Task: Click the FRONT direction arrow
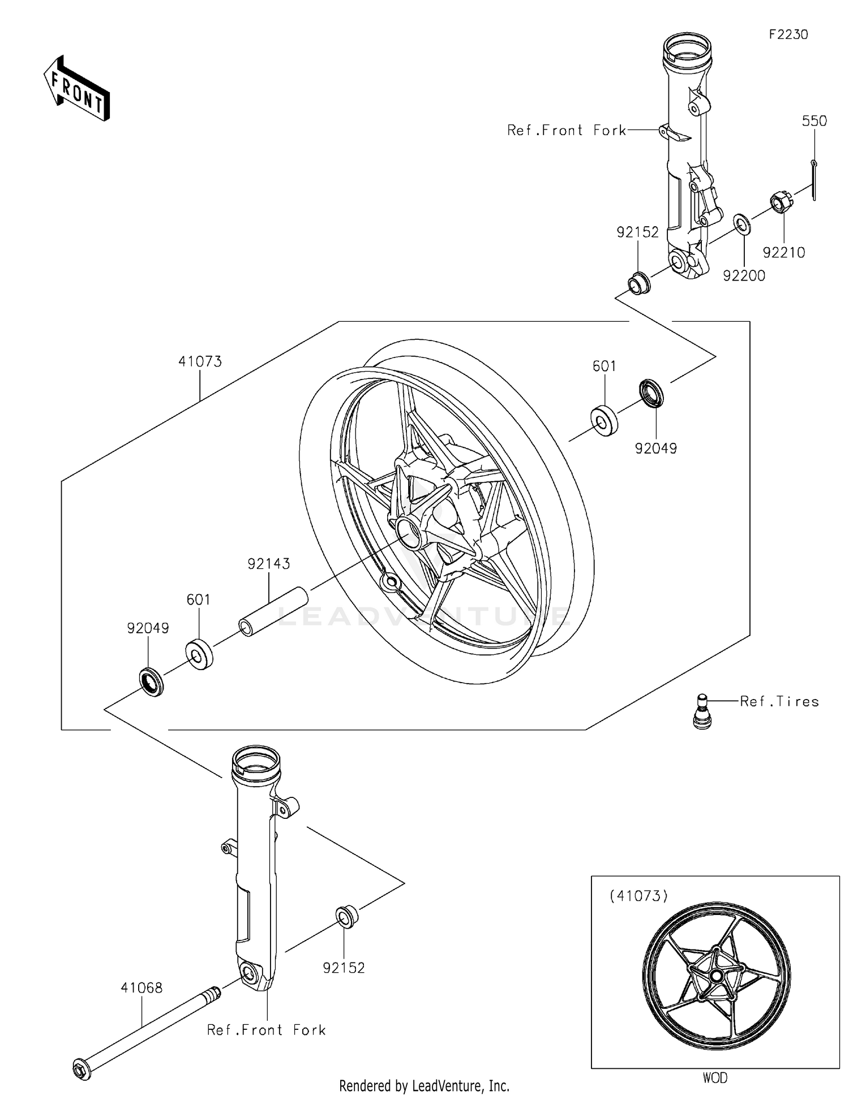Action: pyautogui.click(x=76, y=89)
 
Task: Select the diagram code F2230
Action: pyautogui.click(x=788, y=34)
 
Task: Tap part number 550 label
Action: pyautogui.click(x=814, y=121)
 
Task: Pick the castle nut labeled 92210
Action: pyautogui.click(x=781, y=202)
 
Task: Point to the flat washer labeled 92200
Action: pyautogui.click(x=743, y=224)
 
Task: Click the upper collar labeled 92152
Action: pyautogui.click(x=640, y=282)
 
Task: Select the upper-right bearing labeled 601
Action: pyautogui.click(x=604, y=421)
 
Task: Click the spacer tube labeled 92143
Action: pyautogui.click(x=273, y=612)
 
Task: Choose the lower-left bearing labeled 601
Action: pyautogui.click(x=199, y=654)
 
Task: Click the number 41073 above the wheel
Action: pyautogui.click(x=200, y=361)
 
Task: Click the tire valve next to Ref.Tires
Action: pyautogui.click(x=702, y=711)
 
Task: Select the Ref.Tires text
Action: pyautogui.click(x=779, y=702)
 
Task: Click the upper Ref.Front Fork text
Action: pyautogui.click(x=566, y=131)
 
